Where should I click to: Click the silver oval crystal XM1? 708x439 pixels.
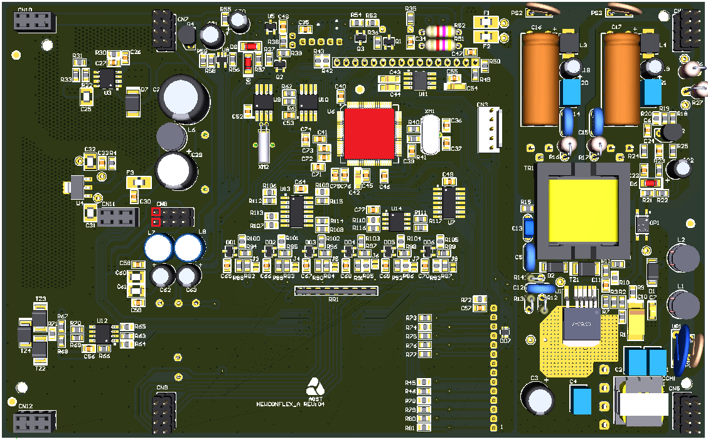(x=431, y=134)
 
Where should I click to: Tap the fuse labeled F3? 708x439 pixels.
(x=139, y=182)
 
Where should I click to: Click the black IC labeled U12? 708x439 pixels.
(x=102, y=334)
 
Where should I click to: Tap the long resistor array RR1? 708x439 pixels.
(x=336, y=290)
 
